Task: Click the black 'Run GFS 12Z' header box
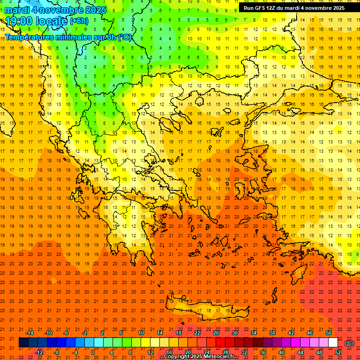(294, 8)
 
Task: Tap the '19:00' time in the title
(18, 21)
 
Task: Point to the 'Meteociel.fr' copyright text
(216, 356)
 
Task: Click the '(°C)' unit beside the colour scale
(349, 343)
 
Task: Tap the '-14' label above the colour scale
(30, 333)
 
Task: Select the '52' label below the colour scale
(338, 352)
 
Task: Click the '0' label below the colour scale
(93, 352)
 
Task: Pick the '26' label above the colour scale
(216, 333)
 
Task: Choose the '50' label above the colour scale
(328, 333)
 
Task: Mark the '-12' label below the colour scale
(39, 352)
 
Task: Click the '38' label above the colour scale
(272, 333)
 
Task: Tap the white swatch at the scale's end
(333, 343)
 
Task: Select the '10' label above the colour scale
(141, 333)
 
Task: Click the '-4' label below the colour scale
(75, 352)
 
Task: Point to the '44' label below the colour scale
(300, 352)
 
